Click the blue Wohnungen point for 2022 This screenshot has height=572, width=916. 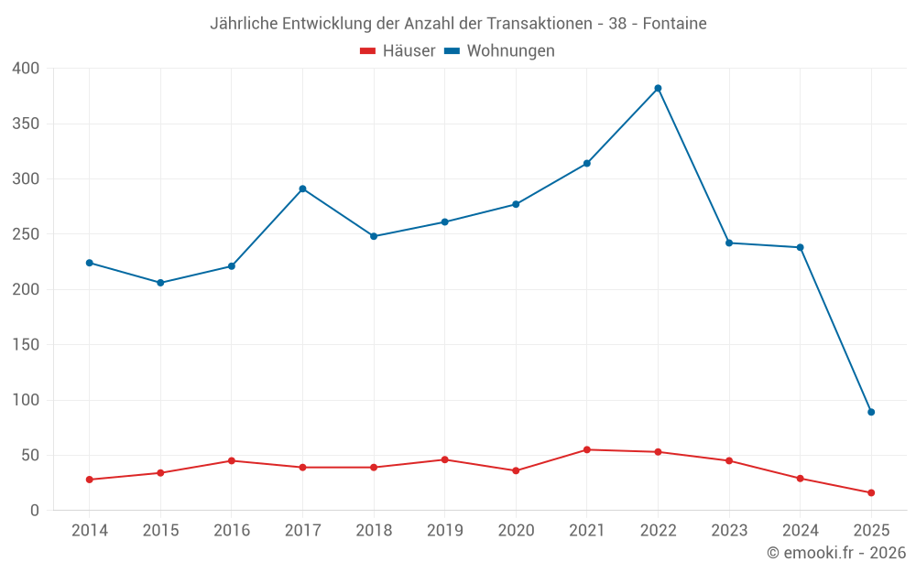658,88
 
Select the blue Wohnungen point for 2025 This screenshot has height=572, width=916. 871,412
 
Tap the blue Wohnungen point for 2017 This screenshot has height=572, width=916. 302,189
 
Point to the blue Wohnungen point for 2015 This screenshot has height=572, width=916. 160,283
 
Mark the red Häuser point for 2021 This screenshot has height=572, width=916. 587,449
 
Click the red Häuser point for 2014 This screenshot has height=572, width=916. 89,480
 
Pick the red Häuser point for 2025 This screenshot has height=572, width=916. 871,492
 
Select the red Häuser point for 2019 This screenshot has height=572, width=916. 445,459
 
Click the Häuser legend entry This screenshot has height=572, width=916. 398,51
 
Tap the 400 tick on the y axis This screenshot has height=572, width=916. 27,69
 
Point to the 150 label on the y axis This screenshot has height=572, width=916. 27,345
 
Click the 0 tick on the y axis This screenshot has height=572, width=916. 35,511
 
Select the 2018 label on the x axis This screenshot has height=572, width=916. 374,531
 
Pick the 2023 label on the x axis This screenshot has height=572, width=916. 729,531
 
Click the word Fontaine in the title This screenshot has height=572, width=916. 674,24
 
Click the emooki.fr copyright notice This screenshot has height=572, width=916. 835,553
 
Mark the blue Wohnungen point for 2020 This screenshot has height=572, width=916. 516,204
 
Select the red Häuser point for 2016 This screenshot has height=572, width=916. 231,460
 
